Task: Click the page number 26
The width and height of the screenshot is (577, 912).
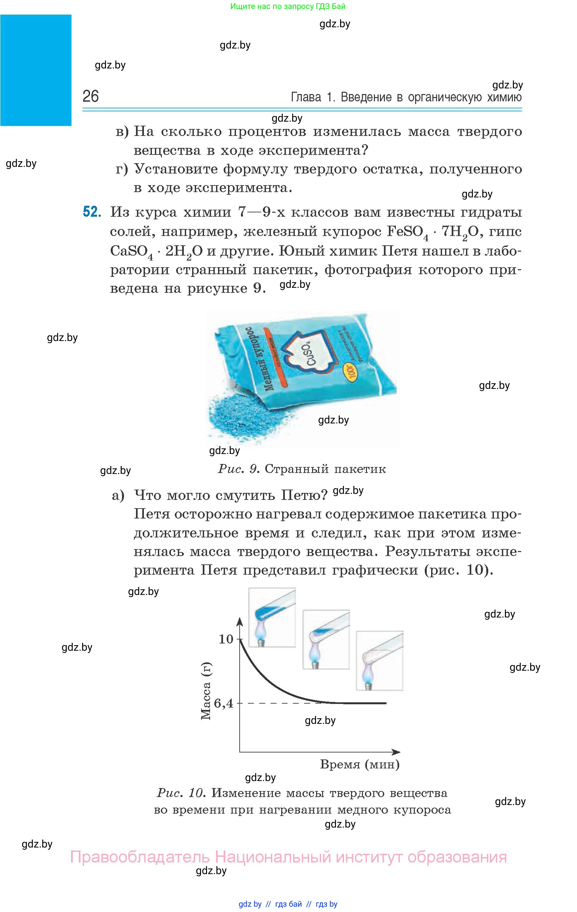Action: pyautogui.click(x=90, y=97)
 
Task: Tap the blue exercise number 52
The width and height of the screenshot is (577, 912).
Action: pyautogui.click(x=92, y=212)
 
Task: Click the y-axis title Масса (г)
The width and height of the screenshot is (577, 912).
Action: pyautogui.click(x=206, y=691)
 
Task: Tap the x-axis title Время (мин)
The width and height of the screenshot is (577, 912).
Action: pyautogui.click(x=360, y=764)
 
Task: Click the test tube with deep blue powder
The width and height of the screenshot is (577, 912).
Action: pyautogui.click(x=272, y=617)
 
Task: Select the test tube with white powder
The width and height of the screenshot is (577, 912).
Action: pyautogui.click(x=379, y=660)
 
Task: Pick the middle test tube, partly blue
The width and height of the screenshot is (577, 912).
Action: pyautogui.click(x=326, y=638)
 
